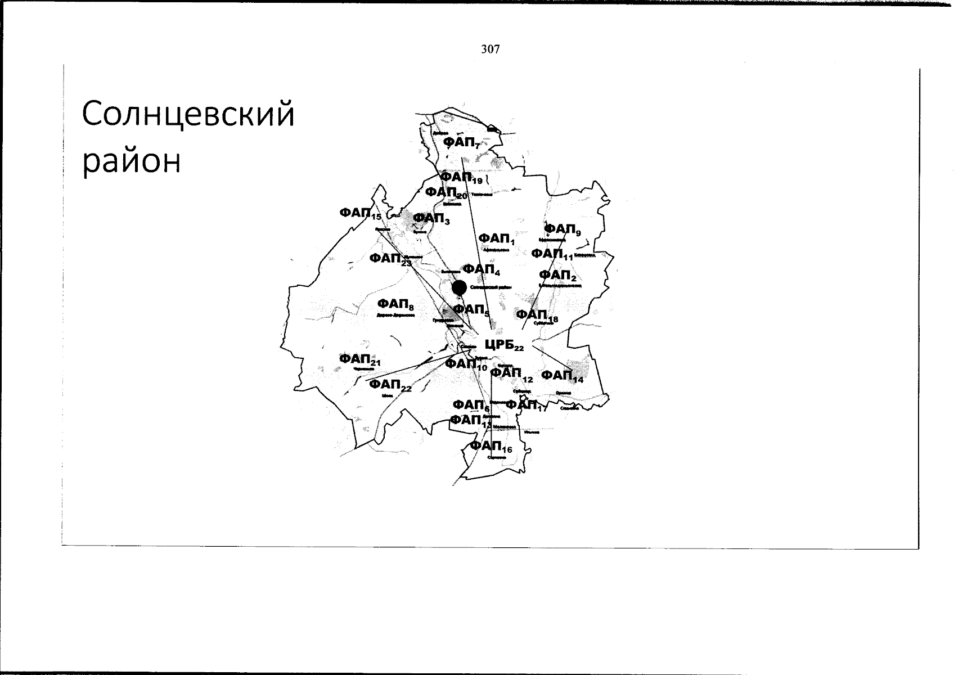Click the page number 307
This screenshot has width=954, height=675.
click(x=490, y=49)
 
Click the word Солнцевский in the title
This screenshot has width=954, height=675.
click(x=188, y=115)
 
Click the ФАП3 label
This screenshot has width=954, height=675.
click(x=431, y=218)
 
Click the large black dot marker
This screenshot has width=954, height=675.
click(x=460, y=287)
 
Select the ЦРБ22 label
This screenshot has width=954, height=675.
click(x=504, y=345)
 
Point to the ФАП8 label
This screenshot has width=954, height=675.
click(x=396, y=305)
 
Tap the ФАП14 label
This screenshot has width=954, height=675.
click(x=562, y=376)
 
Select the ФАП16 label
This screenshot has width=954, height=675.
click(x=491, y=447)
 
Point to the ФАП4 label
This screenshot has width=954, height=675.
click(x=481, y=270)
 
